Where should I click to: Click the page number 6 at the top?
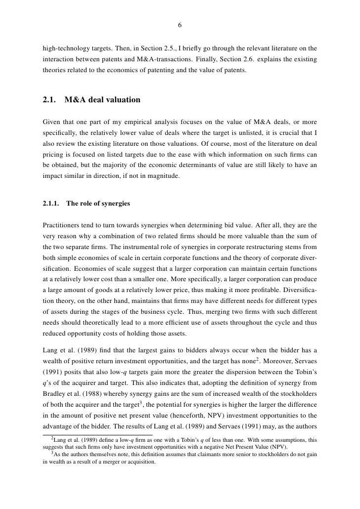point(180,26)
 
